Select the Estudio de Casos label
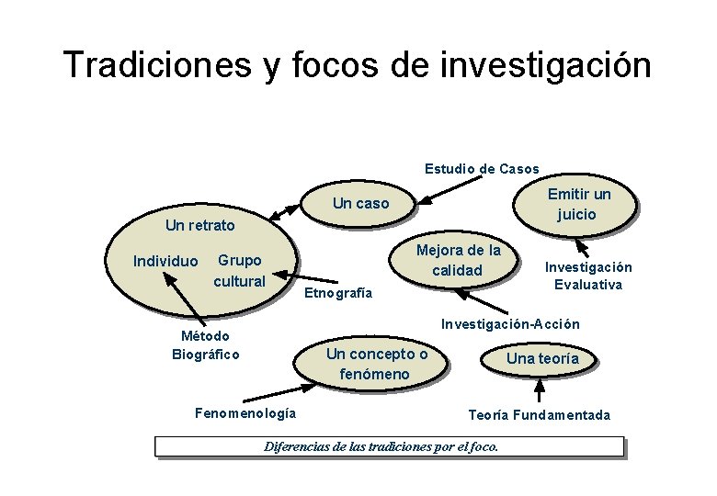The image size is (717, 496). click(482, 169)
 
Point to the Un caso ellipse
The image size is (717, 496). click(360, 203)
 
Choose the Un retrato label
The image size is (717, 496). click(199, 225)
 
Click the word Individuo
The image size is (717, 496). click(165, 262)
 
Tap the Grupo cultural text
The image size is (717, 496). click(239, 271)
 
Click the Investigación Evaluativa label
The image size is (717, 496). click(588, 276)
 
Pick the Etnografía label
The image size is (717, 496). click(338, 293)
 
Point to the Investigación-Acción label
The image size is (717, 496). click(511, 323)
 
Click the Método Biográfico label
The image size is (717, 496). click(206, 345)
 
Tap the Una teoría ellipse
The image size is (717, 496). click(542, 358)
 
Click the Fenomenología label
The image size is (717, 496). click(245, 412)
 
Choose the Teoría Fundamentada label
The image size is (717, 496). click(539, 415)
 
